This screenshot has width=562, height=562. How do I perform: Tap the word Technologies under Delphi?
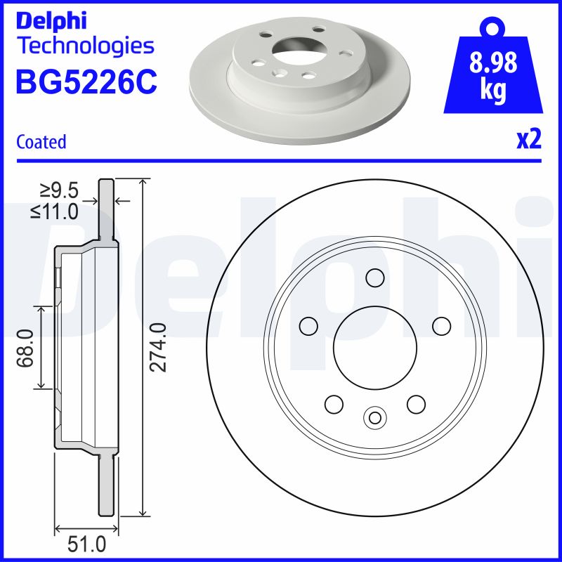point(84,46)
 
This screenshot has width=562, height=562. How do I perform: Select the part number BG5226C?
point(86,82)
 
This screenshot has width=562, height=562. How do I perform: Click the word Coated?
point(41,141)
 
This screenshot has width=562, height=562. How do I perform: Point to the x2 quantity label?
point(528,140)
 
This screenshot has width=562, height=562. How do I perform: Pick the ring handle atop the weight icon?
point(492,27)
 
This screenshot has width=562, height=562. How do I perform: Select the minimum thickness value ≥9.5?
point(58,190)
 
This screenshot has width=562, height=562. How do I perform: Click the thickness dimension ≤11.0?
point(54,211)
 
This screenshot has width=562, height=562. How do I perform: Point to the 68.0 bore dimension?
point(27,347)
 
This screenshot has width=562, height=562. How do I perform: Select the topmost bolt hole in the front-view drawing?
point(374,278)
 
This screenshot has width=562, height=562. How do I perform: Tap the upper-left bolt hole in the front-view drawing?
point(308,326)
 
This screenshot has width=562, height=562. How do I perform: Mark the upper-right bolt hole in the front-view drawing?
point(441,326)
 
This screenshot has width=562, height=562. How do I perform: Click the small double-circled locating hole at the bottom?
point(374,418)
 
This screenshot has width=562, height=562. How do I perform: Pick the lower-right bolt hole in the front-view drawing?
point(416,404)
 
